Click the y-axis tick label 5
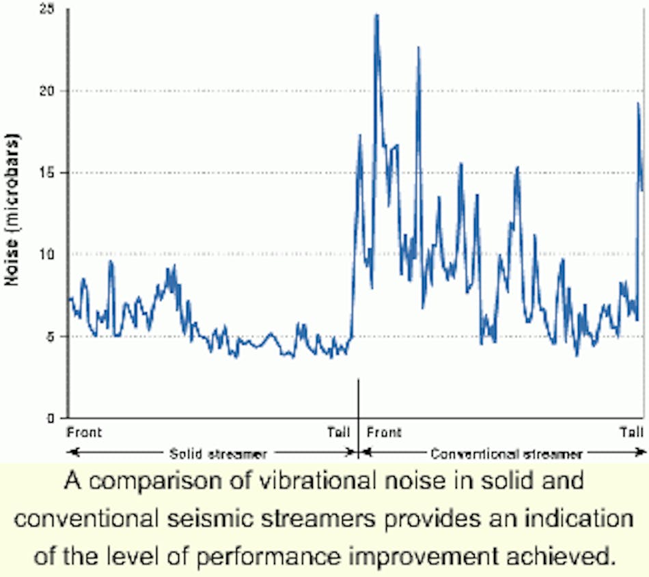coord(50,337)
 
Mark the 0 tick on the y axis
coord(50,418)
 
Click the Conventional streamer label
coord(507,453)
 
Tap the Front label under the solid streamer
coord(84,432)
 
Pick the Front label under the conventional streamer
coord(384,432)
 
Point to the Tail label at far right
coord(631,432)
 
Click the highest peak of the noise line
coord(376,15)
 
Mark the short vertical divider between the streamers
coord(358,410)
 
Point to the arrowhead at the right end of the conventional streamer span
coord(642,452)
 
